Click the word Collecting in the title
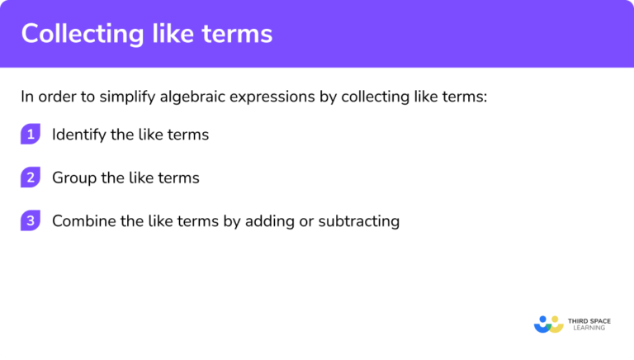click(x=78, y=34)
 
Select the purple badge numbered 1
click(x=31, y=135)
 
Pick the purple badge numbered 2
click(x=31, y=178)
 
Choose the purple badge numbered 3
click(x=31, y=220)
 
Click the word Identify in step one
click(x=78, y=135)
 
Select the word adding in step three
click(x=277, y=221)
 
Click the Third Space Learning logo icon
click(x=548, y=324)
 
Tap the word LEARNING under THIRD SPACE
click(x=587, y=329)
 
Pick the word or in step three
click(x=311, y=221)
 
